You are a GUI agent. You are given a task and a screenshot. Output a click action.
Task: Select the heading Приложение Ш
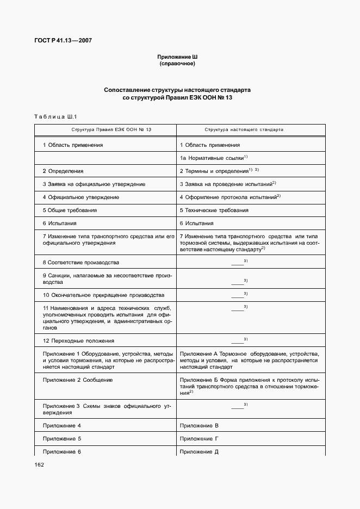point(177,57)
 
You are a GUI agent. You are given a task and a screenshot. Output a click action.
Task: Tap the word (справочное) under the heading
point(177,64)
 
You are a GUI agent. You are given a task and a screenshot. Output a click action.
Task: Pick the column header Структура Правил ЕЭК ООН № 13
point(104,131)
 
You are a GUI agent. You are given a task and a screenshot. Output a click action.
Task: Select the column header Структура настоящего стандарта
point(244,131)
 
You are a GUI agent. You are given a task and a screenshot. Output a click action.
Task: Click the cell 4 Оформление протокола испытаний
point(230,197)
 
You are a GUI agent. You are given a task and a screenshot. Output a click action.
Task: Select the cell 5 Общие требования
point(70,210)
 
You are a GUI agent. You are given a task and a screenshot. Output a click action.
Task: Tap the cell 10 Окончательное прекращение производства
point(103,295)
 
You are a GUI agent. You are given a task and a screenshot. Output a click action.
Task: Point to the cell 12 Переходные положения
point(78,341)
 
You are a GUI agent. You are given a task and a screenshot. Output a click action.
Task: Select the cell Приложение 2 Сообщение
point(77,380)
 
